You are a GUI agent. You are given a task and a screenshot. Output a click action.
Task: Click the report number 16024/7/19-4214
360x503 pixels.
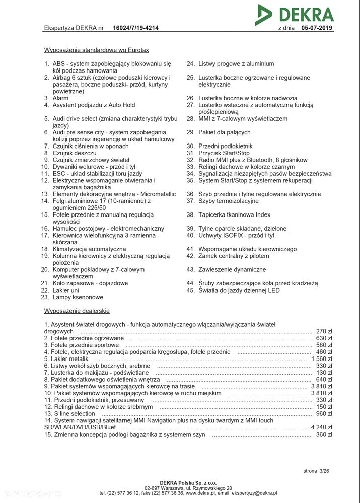135,28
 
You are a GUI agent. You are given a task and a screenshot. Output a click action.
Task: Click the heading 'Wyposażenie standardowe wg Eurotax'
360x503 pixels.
96,50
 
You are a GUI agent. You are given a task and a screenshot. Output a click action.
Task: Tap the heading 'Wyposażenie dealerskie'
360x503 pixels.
77,311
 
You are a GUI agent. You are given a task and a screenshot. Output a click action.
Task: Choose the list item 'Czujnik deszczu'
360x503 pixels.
74,153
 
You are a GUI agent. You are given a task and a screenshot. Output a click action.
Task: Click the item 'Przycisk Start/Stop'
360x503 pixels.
224,153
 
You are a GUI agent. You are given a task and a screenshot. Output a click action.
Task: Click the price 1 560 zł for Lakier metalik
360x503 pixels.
322,359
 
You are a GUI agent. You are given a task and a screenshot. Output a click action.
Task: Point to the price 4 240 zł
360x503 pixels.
322,427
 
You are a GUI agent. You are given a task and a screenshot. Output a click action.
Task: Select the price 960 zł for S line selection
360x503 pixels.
324,414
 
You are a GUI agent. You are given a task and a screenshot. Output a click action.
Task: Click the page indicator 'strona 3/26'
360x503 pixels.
316,471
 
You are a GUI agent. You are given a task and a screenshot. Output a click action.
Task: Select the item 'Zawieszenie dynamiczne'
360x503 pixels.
232,270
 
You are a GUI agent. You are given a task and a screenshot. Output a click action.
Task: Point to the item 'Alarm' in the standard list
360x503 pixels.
60,98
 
